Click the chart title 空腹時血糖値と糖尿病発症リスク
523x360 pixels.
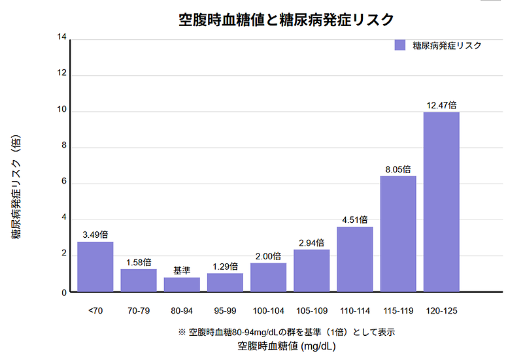[x=286, y=20]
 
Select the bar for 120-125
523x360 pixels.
[x=441, y=202]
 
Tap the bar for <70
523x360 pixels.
[x=95, y=267]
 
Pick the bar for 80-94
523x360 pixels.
[x=182, y=284]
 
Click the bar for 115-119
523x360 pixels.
[x=398, y=233]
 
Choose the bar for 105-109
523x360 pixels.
[x=311, y=270]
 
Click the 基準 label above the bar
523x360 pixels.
[x=182, y=270]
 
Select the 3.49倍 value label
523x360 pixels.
[x=95, y=235]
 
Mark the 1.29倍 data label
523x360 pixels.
[x=225, y=266]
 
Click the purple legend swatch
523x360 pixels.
[x=400, y=45]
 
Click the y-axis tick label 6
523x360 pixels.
[x=64, y=184]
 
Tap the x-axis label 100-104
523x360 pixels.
[x=268, y=310]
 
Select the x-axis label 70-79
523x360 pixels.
[x=138, y=310]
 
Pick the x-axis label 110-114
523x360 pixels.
[x=354, y=310]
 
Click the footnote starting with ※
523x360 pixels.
[x=286, y=332]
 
